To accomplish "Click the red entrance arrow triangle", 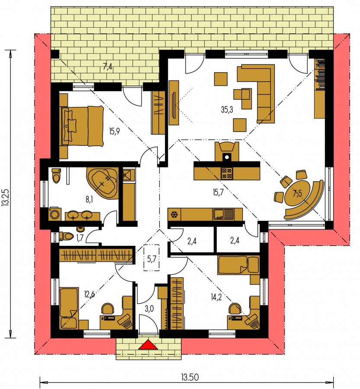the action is (x=148, y=344).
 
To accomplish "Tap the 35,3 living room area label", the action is (x=227, y=109).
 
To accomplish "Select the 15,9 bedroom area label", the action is (x=114, y=131).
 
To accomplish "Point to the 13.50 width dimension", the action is (x=190, y=377).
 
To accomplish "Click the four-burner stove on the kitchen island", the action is (x=227, y=174).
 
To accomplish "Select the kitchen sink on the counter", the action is (x=223, y=214).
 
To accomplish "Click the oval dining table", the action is (x=296, y=194).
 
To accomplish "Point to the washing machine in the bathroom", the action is (x=55, y=214).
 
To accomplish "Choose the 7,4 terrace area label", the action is (x=107, y=67).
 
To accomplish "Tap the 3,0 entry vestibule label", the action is (x=149, y=309).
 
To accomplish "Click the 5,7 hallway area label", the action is (x=151, y=259).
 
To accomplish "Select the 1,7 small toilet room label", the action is (x=80, y=238).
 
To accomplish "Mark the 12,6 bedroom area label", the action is (x=89, y=295).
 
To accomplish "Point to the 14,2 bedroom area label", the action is (x=216, y=297).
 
